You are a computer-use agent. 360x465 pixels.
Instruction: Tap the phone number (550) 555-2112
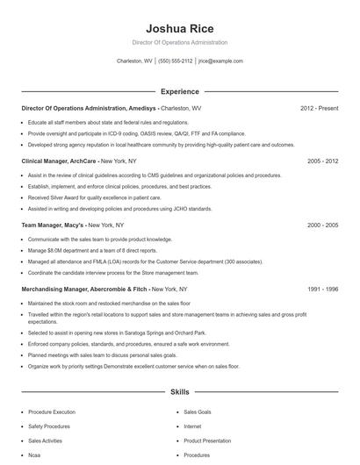tap(175, 61)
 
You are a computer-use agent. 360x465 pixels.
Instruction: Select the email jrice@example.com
tap(220, 61)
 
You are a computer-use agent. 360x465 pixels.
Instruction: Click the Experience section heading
tap(179, 91)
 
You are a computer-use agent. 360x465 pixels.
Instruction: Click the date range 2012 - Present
tap(319, 108)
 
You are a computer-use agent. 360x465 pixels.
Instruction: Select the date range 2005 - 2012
tap(322, 161)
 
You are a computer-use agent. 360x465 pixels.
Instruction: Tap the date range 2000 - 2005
tap(322, 225)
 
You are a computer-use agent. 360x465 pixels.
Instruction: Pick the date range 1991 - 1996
tap(322, 289)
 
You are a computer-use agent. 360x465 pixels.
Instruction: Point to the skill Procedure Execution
tap(53, 411)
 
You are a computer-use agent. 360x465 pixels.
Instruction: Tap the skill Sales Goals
tap(198, 411)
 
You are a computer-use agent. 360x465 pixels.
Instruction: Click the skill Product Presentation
tap(207, 441)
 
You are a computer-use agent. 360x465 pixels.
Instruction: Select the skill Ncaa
tap(35, 456)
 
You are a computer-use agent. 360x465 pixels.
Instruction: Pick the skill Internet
tap(192, 426)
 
